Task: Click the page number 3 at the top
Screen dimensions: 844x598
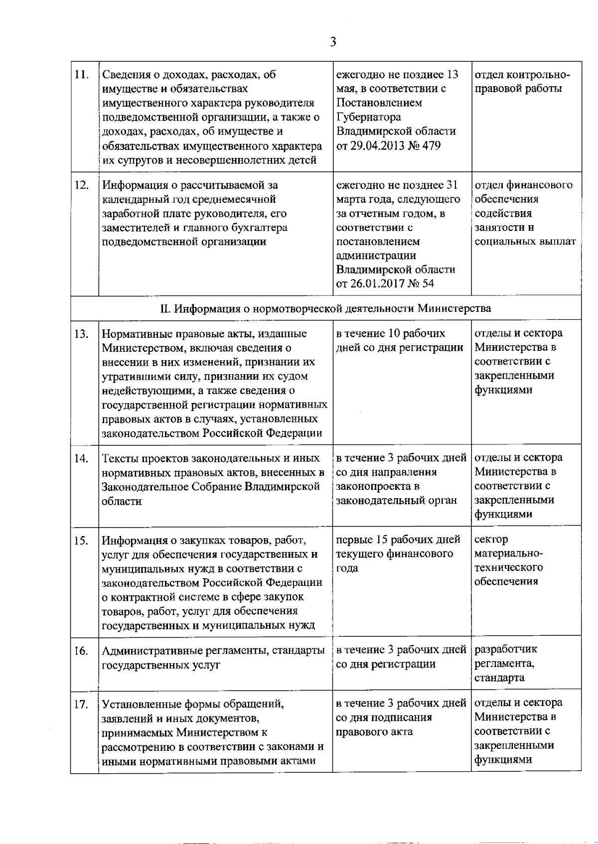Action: [x=333, y=42]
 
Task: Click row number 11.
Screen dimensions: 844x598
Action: [x=81, y=75]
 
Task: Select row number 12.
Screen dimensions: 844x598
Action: [x=81, y=185]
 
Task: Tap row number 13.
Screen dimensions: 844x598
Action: [x=81, y=334]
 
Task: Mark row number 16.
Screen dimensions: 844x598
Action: [x=81, y=651]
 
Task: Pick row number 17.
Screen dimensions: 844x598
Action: [x=81, y=704]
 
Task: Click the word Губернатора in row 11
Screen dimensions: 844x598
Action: [x=368, y=118]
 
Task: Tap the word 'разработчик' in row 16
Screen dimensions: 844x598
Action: [x=506, y=650]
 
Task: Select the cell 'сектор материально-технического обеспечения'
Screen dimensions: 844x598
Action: [x=508, y=561]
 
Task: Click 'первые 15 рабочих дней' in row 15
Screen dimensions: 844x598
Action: [x=398, y=540]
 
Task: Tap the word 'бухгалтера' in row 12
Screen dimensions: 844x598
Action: [x=259, y=228]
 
